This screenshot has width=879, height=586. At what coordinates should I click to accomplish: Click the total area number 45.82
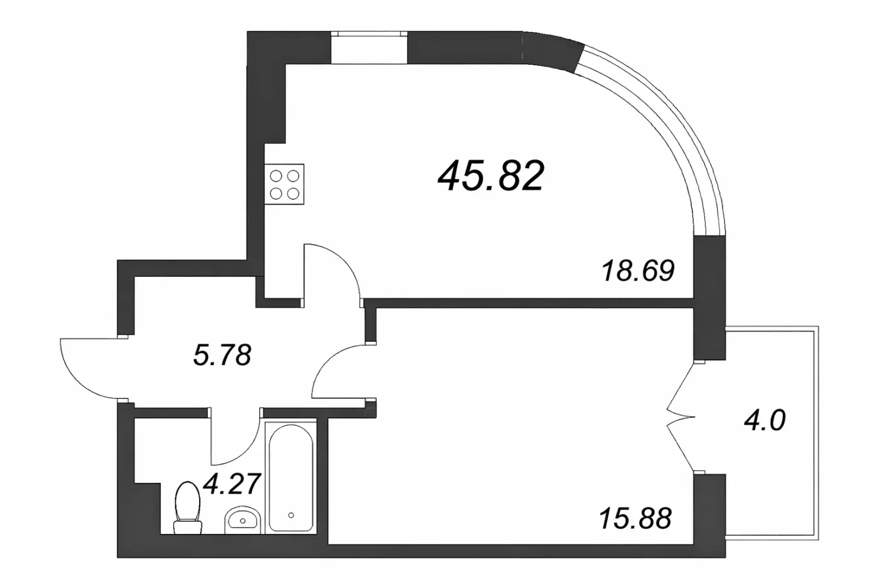tap(491, 176)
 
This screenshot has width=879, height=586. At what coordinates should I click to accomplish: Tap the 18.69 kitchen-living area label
tap(638, 271)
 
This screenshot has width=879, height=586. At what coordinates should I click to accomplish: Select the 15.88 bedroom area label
tap(635, 518)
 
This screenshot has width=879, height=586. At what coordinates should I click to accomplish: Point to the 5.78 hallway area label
tap(222, 355)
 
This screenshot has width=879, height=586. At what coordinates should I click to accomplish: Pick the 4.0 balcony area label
tap(765, 420)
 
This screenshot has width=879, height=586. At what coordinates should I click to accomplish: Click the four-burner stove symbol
tap(284, 183)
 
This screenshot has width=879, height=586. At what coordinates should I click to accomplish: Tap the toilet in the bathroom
tap(188, 507)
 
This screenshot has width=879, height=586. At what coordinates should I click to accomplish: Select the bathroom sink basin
tap(242, 519)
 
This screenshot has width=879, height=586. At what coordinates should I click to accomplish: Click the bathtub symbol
tap(291, 478)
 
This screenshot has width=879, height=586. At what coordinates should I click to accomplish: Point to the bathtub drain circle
tap(291, 515)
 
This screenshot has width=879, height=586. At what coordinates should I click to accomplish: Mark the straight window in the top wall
tap(369, 48)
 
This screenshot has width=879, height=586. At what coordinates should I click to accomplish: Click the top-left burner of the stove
tap(276, 176)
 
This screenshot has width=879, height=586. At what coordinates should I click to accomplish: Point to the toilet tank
tap(188, 527)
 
